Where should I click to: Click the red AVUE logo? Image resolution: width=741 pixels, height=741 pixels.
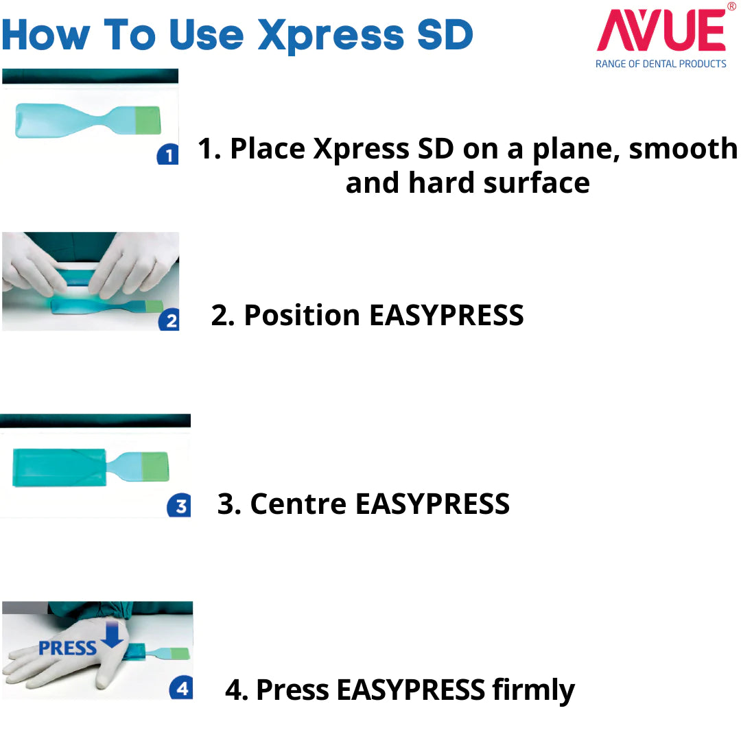pos(661,30)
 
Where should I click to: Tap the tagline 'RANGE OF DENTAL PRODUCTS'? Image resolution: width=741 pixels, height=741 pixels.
pos(661,64)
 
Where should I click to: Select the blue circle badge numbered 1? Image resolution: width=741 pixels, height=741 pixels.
pos(168,154)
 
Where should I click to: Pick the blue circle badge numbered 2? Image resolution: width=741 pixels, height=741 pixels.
pos(169,320)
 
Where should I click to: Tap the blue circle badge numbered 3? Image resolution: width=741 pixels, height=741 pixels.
pos(179,506)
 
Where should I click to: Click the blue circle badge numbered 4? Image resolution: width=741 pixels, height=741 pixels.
pos(181,688)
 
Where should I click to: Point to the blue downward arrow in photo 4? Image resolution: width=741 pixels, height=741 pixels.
pos(113,635)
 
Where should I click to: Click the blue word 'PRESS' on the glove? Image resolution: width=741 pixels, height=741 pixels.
pos(67,648)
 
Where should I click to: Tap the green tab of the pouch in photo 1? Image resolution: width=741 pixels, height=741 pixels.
pos(148,121)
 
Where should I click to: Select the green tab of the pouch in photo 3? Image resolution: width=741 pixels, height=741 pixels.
pos(155,467)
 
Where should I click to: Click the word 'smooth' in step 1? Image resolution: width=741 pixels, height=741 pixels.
pos(683,149)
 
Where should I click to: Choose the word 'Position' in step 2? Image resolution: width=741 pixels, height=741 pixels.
pos(302,315)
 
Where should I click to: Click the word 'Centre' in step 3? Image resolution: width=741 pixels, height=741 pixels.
pos(298,504)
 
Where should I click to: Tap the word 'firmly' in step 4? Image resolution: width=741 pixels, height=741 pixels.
pos(534,690)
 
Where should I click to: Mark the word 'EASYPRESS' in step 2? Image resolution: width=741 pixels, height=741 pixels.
pos(447,315)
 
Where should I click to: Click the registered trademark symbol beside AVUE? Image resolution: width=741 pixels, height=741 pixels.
pos(731,7)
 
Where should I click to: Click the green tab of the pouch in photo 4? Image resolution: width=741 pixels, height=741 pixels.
pos(180,654)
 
